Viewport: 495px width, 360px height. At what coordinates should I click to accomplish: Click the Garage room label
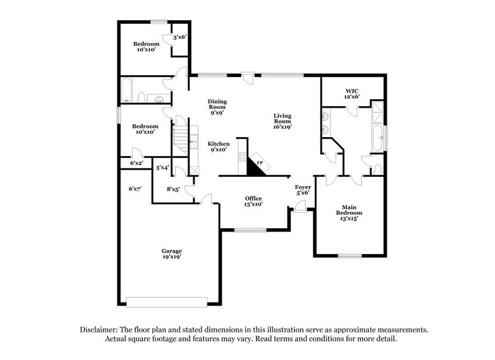[x=171, y=254]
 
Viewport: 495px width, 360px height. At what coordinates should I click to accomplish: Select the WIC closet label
[x=351, y=92]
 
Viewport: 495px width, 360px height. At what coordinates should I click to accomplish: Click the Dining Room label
[x=217, y=108]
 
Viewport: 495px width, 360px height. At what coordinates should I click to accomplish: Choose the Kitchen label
[x=218, y=146]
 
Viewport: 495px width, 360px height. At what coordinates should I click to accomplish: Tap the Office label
[x=253, y=201]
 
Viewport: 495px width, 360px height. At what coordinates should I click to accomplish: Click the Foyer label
[x=303, y=189]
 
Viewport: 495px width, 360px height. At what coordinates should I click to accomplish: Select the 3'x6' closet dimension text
[x=179, y=37]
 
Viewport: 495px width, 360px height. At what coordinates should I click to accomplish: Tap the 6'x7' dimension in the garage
[x=135, y=189]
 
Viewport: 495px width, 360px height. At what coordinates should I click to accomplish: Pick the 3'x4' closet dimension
[x=162, y=167]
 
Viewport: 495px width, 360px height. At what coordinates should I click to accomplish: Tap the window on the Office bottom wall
[x=250, y=230]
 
